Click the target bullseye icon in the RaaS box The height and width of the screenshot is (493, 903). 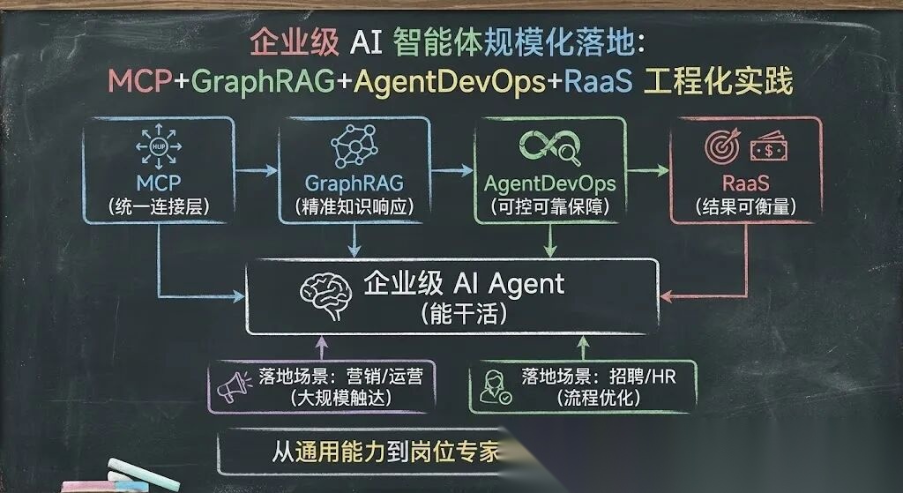[x=720, y=147]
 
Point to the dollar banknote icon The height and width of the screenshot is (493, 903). [x=768, y=148]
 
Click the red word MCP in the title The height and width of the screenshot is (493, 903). [x=140, y=82]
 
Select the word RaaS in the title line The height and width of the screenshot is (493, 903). [x=597, y=82]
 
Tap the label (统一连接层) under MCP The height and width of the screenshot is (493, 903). [x=159, y=208]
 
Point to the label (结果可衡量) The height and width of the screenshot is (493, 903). [x=745, y=209]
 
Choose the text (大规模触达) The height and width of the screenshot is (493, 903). [x=341, y=398]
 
